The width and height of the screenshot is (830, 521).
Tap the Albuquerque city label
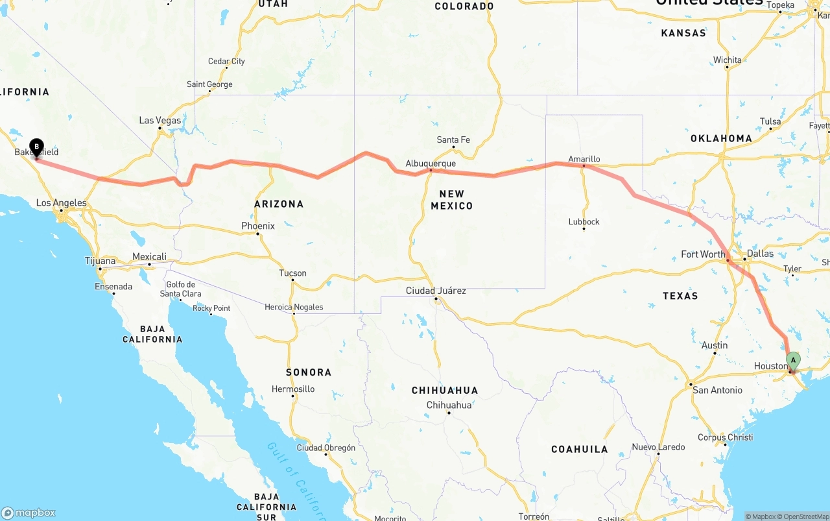click(x=431, y=164)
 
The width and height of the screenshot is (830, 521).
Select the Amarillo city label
click(x=584, y=159)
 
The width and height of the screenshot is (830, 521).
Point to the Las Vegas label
click(x=160, y=121)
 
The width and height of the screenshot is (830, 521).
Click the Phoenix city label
click(x=258, y=226)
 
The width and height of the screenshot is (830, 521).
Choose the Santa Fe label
click(x=453, y=140)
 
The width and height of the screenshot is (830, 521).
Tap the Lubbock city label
click(x=584, y=222)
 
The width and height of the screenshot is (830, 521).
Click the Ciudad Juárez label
click(x=436, y=291)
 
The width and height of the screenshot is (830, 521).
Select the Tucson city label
click(x=292, y=273)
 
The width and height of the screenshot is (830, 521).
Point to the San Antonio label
click(x=717, y=390)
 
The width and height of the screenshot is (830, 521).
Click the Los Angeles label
click(x=61, y=203)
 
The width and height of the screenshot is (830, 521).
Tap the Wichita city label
click(x=728, y=60)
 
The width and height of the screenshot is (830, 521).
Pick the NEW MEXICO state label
click(x=452, y=200)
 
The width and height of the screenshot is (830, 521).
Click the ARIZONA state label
click(x=279, y=204)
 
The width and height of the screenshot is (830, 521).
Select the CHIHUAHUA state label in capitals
click(x=445, y=391)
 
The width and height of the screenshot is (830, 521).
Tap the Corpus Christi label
click(x=726, y=437)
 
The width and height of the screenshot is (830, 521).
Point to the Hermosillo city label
click(x=293, y=389)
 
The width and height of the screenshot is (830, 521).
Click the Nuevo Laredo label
click(x=658, y=447)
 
